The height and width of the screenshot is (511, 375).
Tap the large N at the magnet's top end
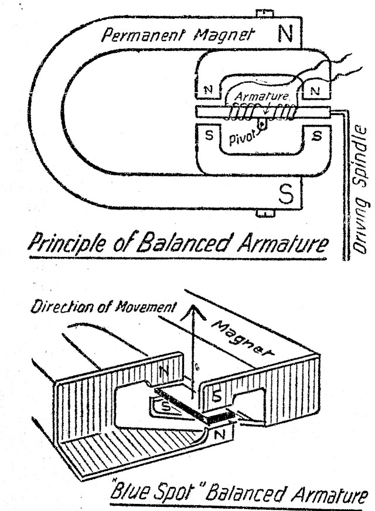(285, 35)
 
